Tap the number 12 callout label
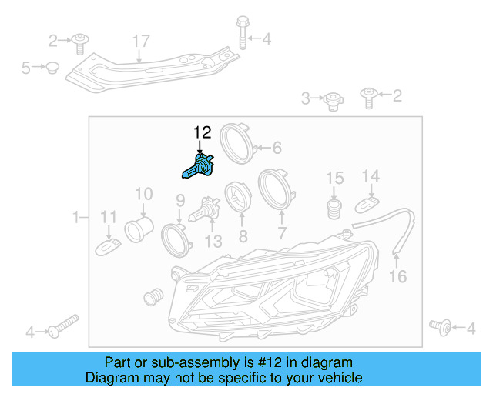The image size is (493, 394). point(201,132)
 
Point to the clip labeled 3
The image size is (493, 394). point(332,98)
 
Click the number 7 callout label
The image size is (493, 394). point(282,232)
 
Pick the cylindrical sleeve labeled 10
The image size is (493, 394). point(139,227)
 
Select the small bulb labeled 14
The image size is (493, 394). point(368,204)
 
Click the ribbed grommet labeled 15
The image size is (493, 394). point(334,208)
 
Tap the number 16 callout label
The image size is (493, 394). point(397,276)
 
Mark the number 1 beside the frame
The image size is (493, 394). point(75,218)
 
